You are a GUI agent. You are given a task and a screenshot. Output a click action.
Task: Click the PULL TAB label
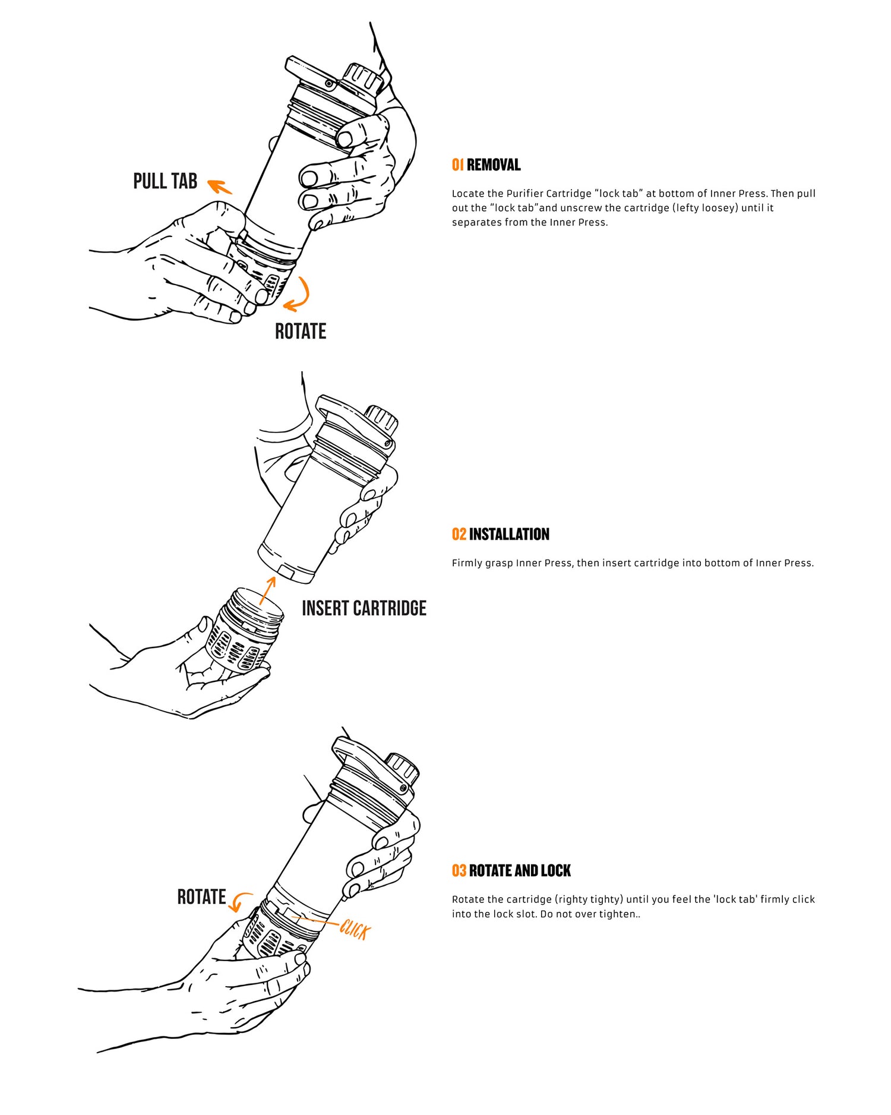(165, 181)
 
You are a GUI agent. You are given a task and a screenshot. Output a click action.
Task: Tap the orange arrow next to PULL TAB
(219, 187)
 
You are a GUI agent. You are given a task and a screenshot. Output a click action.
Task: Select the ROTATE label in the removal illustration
(301, 331)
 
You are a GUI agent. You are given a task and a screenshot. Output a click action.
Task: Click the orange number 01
(457, 165)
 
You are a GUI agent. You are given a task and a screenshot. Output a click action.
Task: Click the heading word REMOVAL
(494, 165)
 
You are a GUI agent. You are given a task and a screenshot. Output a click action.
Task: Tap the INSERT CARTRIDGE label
(364, 608)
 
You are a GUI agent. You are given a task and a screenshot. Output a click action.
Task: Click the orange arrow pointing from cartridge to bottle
(268, 590)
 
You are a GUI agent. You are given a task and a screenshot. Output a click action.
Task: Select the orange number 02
(459, 534)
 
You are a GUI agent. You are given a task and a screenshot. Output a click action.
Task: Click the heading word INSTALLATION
(509, 534)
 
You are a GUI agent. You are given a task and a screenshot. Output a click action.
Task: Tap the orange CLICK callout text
(355, 930)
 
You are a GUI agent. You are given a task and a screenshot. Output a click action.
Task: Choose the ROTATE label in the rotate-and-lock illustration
(201, 897)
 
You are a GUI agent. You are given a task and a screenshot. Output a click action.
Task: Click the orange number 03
(459, 871)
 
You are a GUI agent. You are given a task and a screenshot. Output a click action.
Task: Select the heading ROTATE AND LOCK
(520, 871)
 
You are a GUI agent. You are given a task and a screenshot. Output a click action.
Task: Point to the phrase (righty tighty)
(589, 899)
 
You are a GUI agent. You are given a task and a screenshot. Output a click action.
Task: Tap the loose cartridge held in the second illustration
(244, 631)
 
